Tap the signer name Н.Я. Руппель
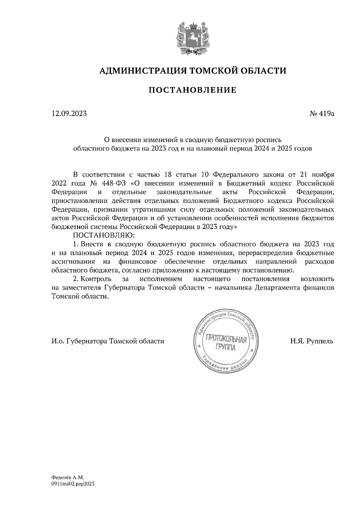(311, 341)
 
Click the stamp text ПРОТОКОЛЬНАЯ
(226, 340)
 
